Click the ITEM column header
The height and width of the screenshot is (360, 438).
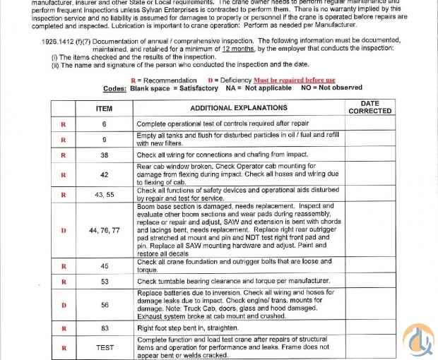[104, 108]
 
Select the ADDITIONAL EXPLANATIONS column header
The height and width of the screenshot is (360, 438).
[239, 108]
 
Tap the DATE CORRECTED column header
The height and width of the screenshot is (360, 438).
[369, 107]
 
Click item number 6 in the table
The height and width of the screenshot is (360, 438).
[104, 124]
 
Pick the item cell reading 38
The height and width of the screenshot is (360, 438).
[104, 155]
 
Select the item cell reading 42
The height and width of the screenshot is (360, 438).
[104, 174]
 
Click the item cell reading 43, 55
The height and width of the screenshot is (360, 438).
[104, 194]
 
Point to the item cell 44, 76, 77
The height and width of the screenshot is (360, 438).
[104, 230]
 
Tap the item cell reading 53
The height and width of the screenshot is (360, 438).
[104, 282]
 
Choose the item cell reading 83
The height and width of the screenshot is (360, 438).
[104, 328]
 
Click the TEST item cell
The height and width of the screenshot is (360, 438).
[104, 347]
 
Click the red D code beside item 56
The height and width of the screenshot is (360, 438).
[64, 305]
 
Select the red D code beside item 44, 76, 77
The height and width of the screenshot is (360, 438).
[64, 230]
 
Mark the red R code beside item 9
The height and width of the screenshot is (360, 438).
[64, 139]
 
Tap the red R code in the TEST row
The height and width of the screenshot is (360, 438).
[64, 347]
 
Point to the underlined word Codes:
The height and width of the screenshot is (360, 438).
[115, 88]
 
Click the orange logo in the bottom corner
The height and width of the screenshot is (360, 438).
[418, 342]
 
